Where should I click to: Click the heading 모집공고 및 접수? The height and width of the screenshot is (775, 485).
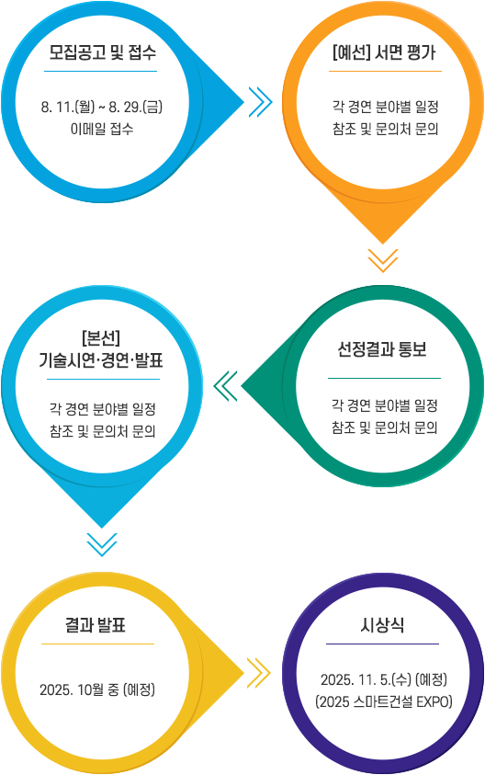tap(102, 51)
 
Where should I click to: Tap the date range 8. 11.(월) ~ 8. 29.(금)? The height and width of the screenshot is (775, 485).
tap(102, 107)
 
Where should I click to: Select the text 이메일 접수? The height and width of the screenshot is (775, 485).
tap(102, 129)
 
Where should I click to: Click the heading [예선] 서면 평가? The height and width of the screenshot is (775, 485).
tap(384, 51)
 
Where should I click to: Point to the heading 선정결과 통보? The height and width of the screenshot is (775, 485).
tap(382, 349)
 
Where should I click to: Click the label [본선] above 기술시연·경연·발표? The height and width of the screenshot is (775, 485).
tap(101, 338)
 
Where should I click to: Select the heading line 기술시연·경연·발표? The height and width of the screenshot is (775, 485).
tap(101, 360)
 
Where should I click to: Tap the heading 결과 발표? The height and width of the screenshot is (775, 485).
tap(96, 625)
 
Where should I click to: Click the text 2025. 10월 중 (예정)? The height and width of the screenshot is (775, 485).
tap(97, 690)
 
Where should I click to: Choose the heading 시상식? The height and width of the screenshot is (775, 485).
tap(382, 625)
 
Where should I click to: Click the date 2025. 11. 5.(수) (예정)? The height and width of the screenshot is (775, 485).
tap(384, 679)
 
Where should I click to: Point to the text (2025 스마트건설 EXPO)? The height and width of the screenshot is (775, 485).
tap(384, 701)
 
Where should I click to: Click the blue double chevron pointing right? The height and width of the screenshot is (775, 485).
tap(260, 102)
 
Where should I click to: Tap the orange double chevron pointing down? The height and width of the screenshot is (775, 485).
tap(383, 260)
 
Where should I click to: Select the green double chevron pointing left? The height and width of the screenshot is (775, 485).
tap(226, 385)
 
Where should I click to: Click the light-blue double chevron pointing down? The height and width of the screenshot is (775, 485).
tap(102, 544)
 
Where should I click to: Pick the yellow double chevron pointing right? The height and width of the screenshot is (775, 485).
tap(259, 673)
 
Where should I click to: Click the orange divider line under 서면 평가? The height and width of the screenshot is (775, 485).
tap(385, 71)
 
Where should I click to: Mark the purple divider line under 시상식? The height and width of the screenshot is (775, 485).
tap(382, 644)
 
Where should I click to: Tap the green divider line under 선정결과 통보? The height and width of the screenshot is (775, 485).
tap(384, 378)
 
